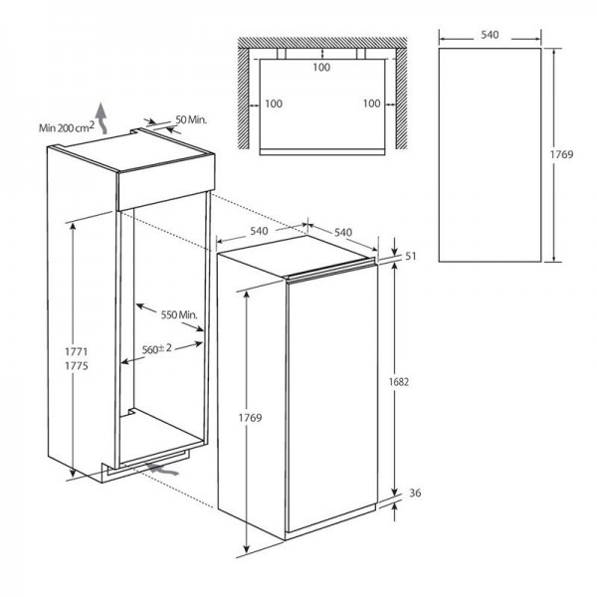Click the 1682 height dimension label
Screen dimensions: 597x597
click(399, 381)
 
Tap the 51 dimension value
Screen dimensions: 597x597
click(410, 256)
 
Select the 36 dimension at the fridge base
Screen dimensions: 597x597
click(415, 494)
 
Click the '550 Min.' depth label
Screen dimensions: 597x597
click(179, 314)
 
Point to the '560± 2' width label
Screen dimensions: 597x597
click(157, 349)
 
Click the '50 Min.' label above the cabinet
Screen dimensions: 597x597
click(191, 119)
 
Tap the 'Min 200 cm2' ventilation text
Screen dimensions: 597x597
click(66, 127)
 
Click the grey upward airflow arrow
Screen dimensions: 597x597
click(101, 118)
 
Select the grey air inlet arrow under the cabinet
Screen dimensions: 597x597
click(164, 469)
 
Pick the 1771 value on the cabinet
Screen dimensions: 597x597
click(77, 351)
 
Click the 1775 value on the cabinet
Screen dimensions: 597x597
click(77, 366)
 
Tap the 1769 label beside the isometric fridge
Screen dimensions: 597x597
click(250, 418)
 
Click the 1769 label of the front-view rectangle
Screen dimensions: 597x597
click(561, 154)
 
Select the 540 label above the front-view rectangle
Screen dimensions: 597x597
click(490, 35)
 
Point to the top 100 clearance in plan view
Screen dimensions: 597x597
click(321, 68)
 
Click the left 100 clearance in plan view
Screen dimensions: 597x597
click(274, 103)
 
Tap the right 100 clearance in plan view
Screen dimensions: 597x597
click(371, 103)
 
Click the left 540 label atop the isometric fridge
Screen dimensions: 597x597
click(259, 231)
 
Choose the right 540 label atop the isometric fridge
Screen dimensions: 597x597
click(343, 232)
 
